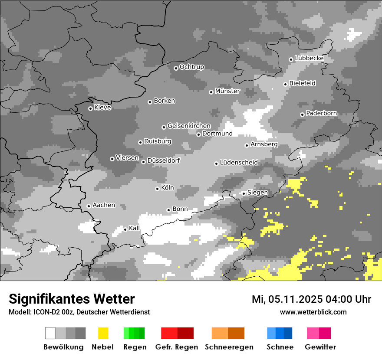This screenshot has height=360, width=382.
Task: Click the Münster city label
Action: tap(227, 91)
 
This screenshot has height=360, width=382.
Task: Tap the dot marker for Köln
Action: tap(157, 189)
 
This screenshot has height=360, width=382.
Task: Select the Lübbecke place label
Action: tap(309, 58)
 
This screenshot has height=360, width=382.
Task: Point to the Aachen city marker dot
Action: tap(89, 206)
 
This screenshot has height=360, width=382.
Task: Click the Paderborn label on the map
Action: tap(321, 114)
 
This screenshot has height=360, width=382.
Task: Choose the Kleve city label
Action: tap(102, 108)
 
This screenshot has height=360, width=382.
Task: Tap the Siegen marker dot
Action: tap(244, 193)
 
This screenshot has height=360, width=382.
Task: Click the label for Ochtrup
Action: tap(191, 67)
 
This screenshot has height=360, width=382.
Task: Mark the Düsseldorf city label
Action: tap(164, 160)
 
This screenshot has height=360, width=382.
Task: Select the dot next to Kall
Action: tap(125, 229)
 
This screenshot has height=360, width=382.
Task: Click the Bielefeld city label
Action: tap(302, 83)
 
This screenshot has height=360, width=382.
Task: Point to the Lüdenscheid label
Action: tap(239, 163)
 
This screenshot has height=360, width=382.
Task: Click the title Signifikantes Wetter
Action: tap(72, 299)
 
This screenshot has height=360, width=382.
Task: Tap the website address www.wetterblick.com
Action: tap(313, 312)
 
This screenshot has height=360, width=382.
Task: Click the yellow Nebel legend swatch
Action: tap(103, 333)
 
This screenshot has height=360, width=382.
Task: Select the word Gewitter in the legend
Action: tap(320, 347)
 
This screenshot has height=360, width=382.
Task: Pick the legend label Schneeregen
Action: tap(229, 347)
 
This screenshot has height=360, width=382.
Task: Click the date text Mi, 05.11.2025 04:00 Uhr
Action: tap(311, 299)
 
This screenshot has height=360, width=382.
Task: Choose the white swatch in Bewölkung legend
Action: tap(50, 333)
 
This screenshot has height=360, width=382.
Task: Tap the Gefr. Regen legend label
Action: tap(177, 347)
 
